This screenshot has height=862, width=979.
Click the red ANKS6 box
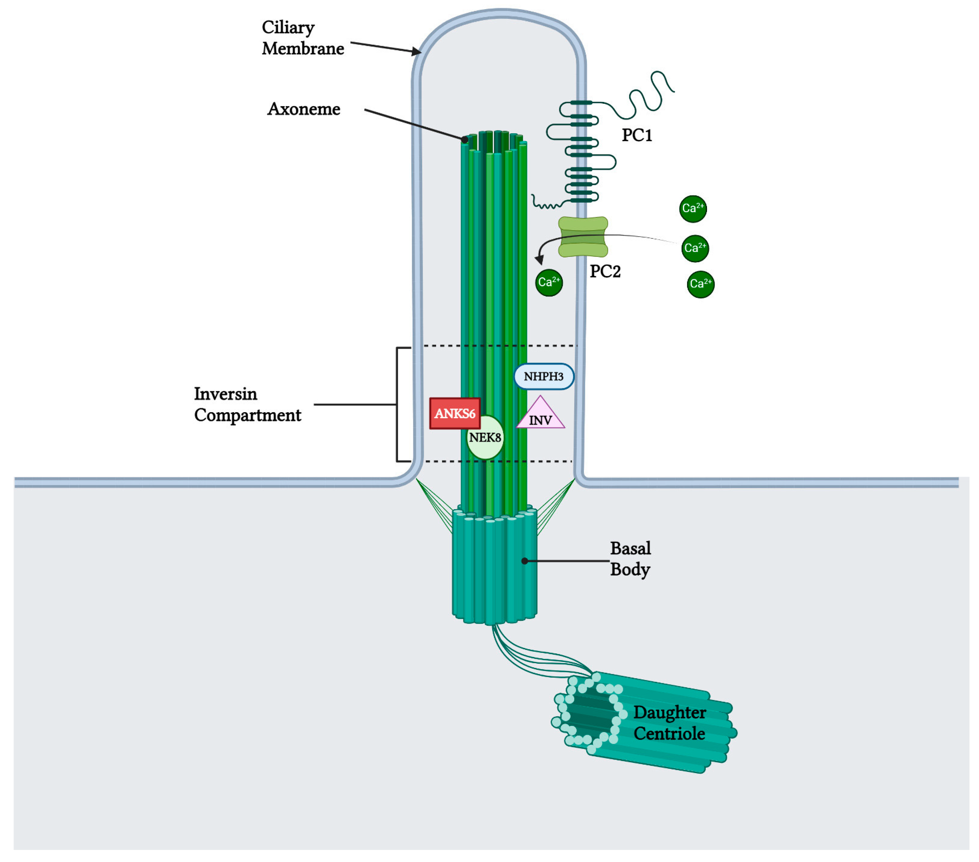(454, 413)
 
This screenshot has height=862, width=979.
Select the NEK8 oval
(485, 438)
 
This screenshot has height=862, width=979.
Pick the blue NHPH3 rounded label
(544, 376)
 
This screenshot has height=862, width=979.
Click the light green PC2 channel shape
(583, 237)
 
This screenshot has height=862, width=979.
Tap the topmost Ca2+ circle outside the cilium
(692, 209)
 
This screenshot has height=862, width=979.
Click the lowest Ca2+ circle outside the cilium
(700, 284)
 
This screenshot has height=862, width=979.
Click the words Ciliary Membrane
(302, 38)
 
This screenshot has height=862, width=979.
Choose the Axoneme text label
(304, 109)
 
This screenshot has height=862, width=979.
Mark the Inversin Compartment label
(247, 404)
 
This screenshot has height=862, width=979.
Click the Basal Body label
(630, 558)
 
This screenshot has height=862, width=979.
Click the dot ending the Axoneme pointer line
(464, 139)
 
